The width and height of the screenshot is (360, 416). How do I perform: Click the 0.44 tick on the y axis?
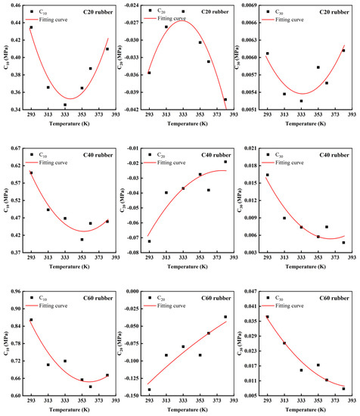[x=17, y=5]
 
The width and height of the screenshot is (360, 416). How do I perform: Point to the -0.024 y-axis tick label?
[x=132, y=5]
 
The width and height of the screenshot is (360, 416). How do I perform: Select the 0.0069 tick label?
[x=250, y=5]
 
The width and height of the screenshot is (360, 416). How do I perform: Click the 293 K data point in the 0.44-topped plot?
[x=31, y=27]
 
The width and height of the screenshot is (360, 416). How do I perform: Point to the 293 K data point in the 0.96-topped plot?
[x=31, y=320]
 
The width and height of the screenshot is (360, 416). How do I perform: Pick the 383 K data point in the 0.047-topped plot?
[x=343, y=389]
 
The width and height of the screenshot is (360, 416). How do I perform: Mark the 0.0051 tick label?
[x=250, y=110]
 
